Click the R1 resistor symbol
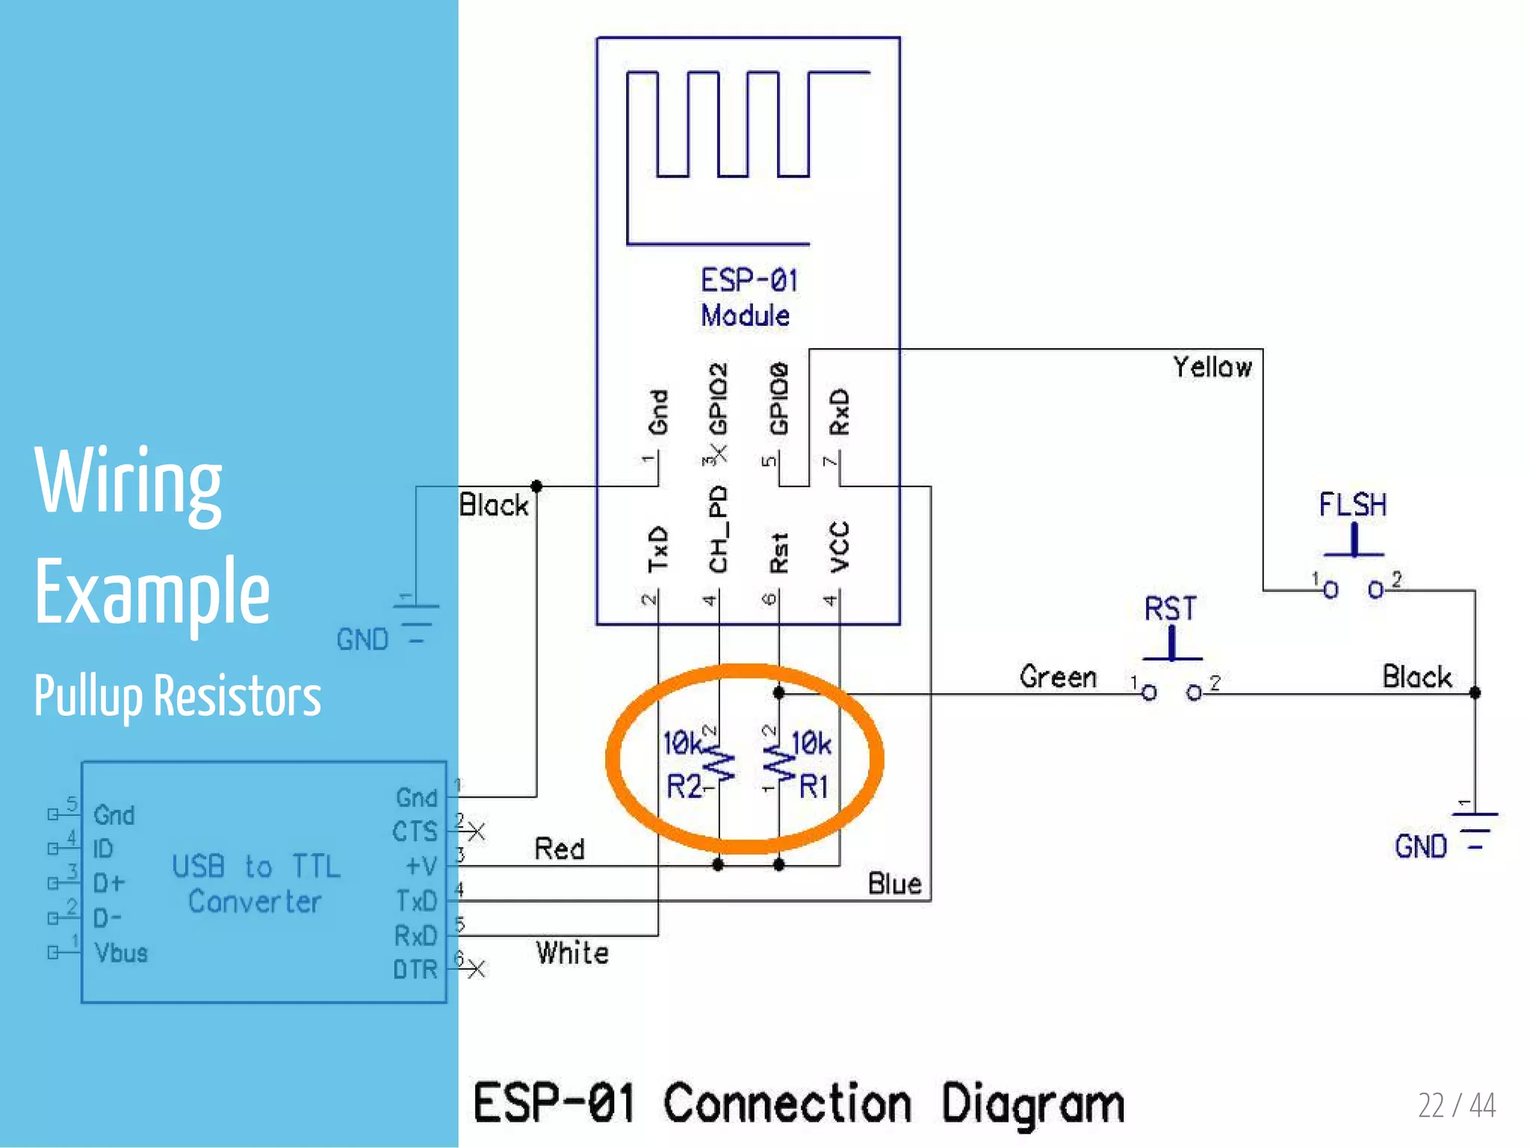pos(779,763)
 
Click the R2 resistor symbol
pos(719,763)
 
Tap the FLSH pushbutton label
pos(1352,505)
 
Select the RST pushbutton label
pos(1170,609)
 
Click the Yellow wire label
pos(1212,367)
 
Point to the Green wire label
pos(1058,677)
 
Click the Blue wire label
pos(894,884)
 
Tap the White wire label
pos(572,953)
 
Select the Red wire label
pos(560,849)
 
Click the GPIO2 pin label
pos(718,399)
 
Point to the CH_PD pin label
pos(718,529)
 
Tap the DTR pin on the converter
pos(415,969)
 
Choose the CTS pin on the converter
pos(415,831)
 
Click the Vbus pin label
pos(121,953)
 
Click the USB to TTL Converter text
pos(256,884)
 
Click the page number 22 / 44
pos(1456,1105)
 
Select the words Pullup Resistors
pos(178,696)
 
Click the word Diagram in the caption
pos(1032,1104)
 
